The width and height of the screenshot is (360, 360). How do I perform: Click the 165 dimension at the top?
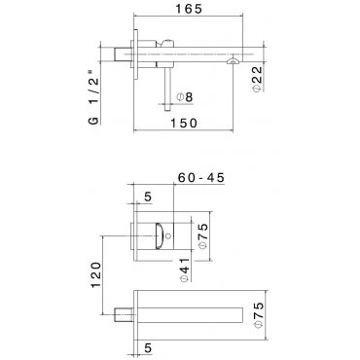point(189,9)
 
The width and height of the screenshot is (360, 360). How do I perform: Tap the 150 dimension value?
point(184,124)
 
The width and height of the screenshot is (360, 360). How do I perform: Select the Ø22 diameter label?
point(257,79)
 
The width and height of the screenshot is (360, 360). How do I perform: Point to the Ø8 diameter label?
point(185,97)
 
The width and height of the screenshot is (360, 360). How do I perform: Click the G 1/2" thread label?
point(93,96)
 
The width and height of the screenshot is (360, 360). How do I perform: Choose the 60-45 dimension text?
point(201,178)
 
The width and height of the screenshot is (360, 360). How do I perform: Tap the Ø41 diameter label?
point(184,270)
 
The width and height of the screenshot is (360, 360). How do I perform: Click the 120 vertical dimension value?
point(96,274)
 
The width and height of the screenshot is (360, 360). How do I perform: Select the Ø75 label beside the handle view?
point(202,236)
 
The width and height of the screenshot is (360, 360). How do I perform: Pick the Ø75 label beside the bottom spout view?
point(259,315)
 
